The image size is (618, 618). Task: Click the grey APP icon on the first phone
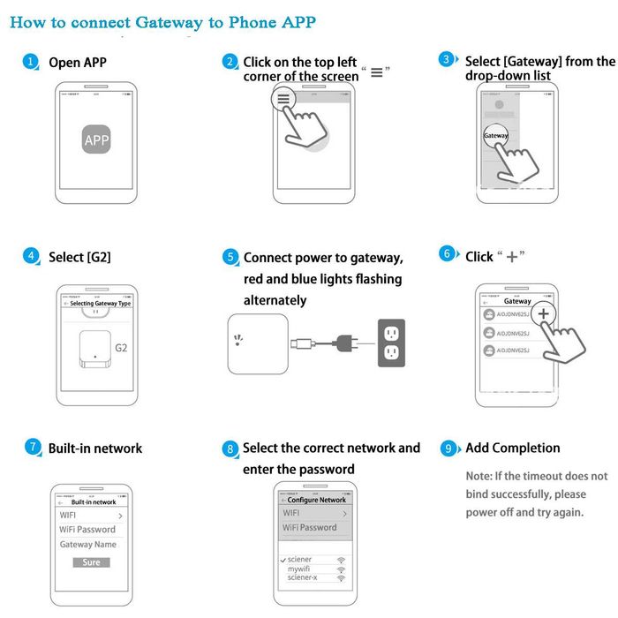pos(96,140)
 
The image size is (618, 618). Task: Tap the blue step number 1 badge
pos(31,62)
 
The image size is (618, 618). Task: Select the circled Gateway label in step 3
pos(496,136)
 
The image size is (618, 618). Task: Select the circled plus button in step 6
pos(543,314)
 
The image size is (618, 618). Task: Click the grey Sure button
pos(91,562)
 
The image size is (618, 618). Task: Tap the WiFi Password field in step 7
pos(87,530)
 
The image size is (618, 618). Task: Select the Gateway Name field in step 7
pos(87,545)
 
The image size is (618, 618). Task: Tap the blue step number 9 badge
pos(449,448)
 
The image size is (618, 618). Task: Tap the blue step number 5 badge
pos(230,258)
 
